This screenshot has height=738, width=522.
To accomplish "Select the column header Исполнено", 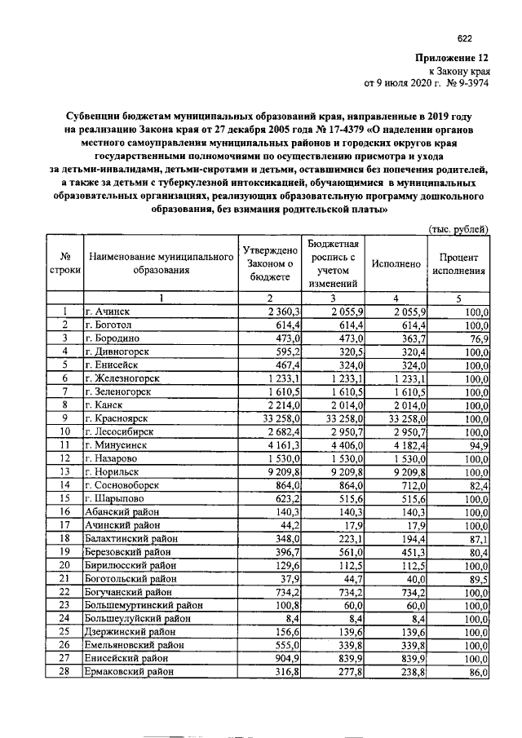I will (x=396, y=264).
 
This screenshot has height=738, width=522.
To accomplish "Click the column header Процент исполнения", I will (x=459, y=263).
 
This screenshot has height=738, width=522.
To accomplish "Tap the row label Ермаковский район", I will (x=129, y=671).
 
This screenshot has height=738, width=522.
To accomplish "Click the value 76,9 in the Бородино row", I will (x=479, y=338).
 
